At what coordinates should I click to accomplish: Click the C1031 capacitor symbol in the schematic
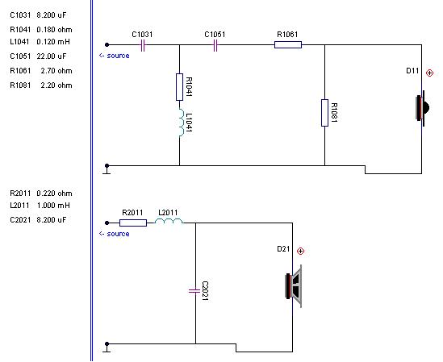point(143,45)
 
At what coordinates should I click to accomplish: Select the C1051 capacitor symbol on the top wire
point(215,45)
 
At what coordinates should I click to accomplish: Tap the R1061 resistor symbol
point(288,44)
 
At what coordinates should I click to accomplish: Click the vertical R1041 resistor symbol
point(179,87)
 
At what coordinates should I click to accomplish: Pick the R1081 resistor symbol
point(324,113)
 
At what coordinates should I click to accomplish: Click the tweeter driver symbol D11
point(422,108)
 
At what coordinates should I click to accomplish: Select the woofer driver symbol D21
point(294,286)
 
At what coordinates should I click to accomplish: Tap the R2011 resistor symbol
point(133,223)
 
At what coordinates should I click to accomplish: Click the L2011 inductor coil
point(169,221)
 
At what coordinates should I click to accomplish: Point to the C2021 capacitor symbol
point(194,290)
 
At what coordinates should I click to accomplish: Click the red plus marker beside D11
point(429,73)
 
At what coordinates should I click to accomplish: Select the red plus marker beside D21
point(300,251)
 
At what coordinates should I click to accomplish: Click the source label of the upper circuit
point(115,56)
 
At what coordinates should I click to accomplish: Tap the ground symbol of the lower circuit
point(107,347)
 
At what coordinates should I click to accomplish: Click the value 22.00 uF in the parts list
point(51,56)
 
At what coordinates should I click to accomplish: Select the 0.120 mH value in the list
point(53,42)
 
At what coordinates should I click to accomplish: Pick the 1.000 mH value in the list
point(53,206)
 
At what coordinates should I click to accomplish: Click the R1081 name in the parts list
point(20,85)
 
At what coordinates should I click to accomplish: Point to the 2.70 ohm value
point(56,71)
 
